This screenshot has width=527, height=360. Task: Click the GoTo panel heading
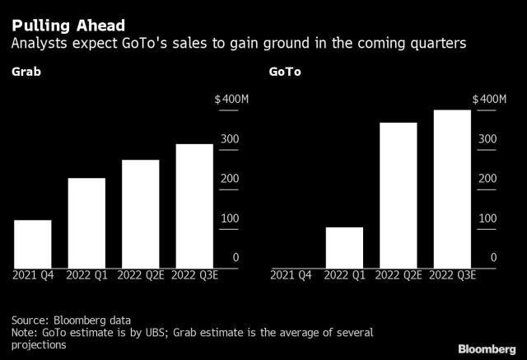tap(285, 72)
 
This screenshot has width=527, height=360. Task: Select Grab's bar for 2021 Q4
tap(33, 244)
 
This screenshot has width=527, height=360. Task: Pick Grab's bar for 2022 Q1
tap(86, 222)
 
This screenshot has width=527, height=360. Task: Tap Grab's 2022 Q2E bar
tap(140, 213)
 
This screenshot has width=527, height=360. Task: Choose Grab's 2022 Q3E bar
tap(194, 205)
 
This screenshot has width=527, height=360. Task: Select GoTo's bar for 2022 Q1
tap(344, 247)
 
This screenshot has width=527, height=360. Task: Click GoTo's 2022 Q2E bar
tap(398, 195)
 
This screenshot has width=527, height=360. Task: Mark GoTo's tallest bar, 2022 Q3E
tap(452, 189)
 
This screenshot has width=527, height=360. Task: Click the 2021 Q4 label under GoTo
tap(291, 275)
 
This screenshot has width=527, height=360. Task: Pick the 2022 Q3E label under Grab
tap(194, 275)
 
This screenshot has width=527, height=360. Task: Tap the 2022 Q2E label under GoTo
tap(398, 275)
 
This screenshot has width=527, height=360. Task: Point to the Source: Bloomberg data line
tap(72, 320)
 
